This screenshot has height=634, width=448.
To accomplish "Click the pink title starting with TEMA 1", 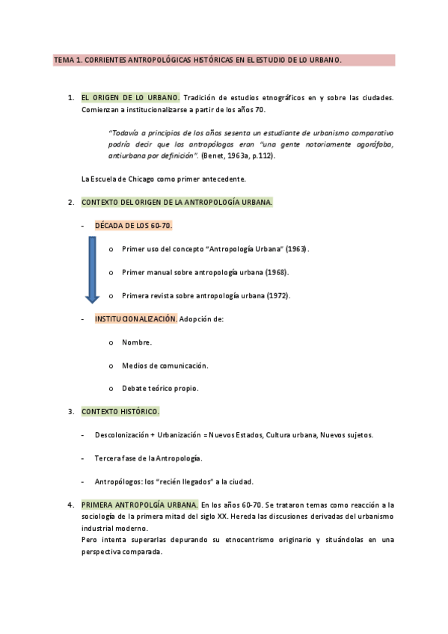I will pos(197,60).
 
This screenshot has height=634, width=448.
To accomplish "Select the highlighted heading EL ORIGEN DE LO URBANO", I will pos(130,97).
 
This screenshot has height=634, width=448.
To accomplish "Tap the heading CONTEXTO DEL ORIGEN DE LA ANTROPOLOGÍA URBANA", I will pos(177,202).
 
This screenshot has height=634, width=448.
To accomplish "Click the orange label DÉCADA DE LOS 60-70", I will pos(134,225).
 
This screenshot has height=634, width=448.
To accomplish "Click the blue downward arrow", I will pos(92,270).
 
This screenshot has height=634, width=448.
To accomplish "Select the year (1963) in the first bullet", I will pos(294,249).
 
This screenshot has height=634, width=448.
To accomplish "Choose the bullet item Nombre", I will pos(137,342).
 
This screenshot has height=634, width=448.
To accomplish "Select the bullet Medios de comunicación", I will pos(165,366).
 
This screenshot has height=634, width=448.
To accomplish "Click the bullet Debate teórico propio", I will pos(160,389).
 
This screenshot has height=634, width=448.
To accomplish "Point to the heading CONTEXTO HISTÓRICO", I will pos(120,412).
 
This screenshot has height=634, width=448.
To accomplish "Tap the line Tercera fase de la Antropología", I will pos(149,458).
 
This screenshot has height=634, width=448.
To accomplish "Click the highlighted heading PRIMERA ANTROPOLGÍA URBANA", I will pos(139,505).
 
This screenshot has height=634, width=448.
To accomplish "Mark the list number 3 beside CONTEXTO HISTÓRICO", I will pos(70,412).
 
